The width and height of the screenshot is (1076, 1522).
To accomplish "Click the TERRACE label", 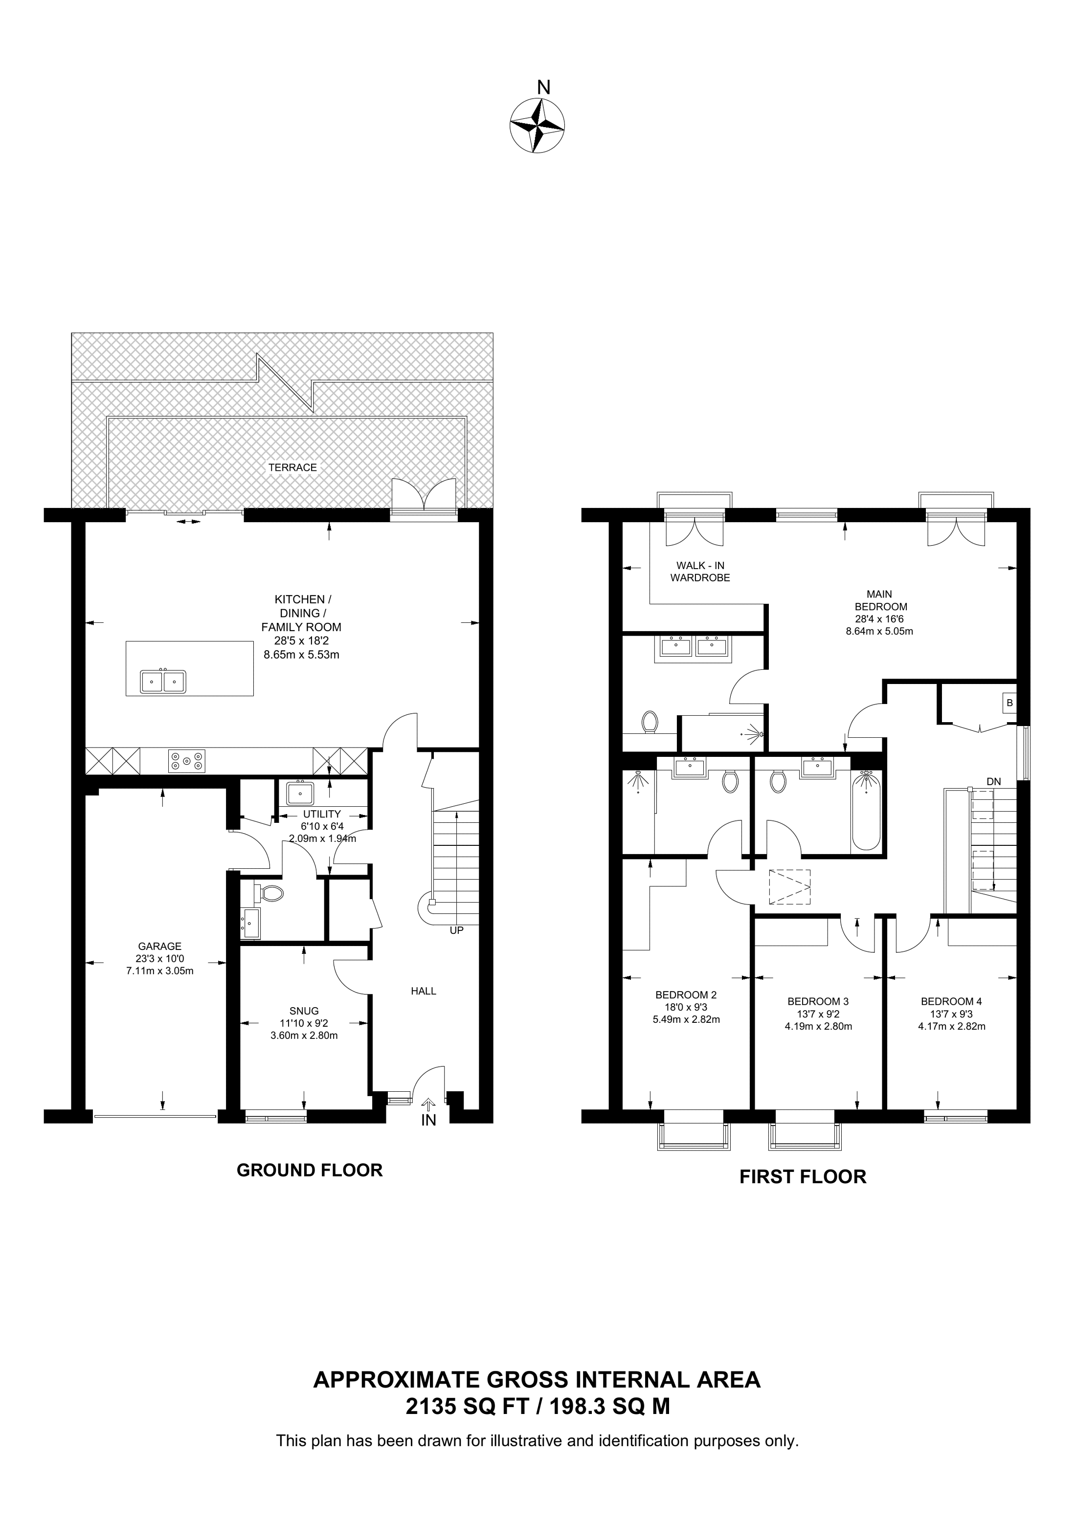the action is [x=292, y=467].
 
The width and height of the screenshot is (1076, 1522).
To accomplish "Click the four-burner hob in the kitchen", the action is [x=187, y=760].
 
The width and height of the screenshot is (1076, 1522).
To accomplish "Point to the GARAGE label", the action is [x=160, y=947].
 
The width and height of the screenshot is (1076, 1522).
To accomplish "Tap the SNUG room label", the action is [x=304, y=1011].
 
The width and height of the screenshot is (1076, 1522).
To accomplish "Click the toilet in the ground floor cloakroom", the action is [x=272, y=892].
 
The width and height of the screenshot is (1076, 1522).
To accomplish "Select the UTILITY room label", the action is [x=322, y=814].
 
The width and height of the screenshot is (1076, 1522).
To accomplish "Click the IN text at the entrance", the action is [x=429, y=1120].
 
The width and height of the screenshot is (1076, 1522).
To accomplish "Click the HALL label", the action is [x=424, y=991].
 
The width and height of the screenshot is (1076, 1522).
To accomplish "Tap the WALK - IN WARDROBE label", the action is [x=700, y=572].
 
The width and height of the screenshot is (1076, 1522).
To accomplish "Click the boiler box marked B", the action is [x=1009, y=703].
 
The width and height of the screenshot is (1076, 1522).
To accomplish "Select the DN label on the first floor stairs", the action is [x=994, y=782].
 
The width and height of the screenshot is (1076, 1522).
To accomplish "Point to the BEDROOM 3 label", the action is [x=818, y=1001].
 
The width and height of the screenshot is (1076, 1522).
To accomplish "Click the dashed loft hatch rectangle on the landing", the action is [x=789, y=887].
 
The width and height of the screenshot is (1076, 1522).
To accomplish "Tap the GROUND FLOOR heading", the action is [x=310, y=1170].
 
